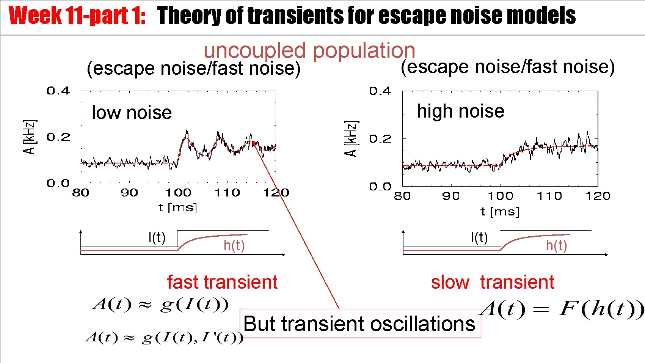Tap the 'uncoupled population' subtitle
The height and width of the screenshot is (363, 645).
point(309,50)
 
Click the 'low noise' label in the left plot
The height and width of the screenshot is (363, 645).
point(132,113)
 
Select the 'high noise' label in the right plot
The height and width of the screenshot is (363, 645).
point(460,111)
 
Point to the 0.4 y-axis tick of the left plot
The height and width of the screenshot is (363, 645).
point(58,91)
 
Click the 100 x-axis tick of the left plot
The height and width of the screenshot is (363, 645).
point(178,193)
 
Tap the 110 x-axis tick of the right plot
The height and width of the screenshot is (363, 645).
point(549,196)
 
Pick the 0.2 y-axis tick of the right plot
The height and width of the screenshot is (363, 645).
point(380,139)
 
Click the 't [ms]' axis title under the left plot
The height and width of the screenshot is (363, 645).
point(178,207)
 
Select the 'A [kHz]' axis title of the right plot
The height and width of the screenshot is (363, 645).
point(351,138)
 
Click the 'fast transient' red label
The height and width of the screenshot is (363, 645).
point(222,282)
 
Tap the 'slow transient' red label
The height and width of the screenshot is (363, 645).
point(492,282)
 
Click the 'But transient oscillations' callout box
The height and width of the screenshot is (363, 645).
point(359,324)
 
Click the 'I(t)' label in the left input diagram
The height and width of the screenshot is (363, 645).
point(157,237)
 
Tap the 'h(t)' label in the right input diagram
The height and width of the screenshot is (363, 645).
point(556,245)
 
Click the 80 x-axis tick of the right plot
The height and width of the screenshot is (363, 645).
point(402,196)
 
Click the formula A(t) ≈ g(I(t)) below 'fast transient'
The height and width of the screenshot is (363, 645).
point(161,305)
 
